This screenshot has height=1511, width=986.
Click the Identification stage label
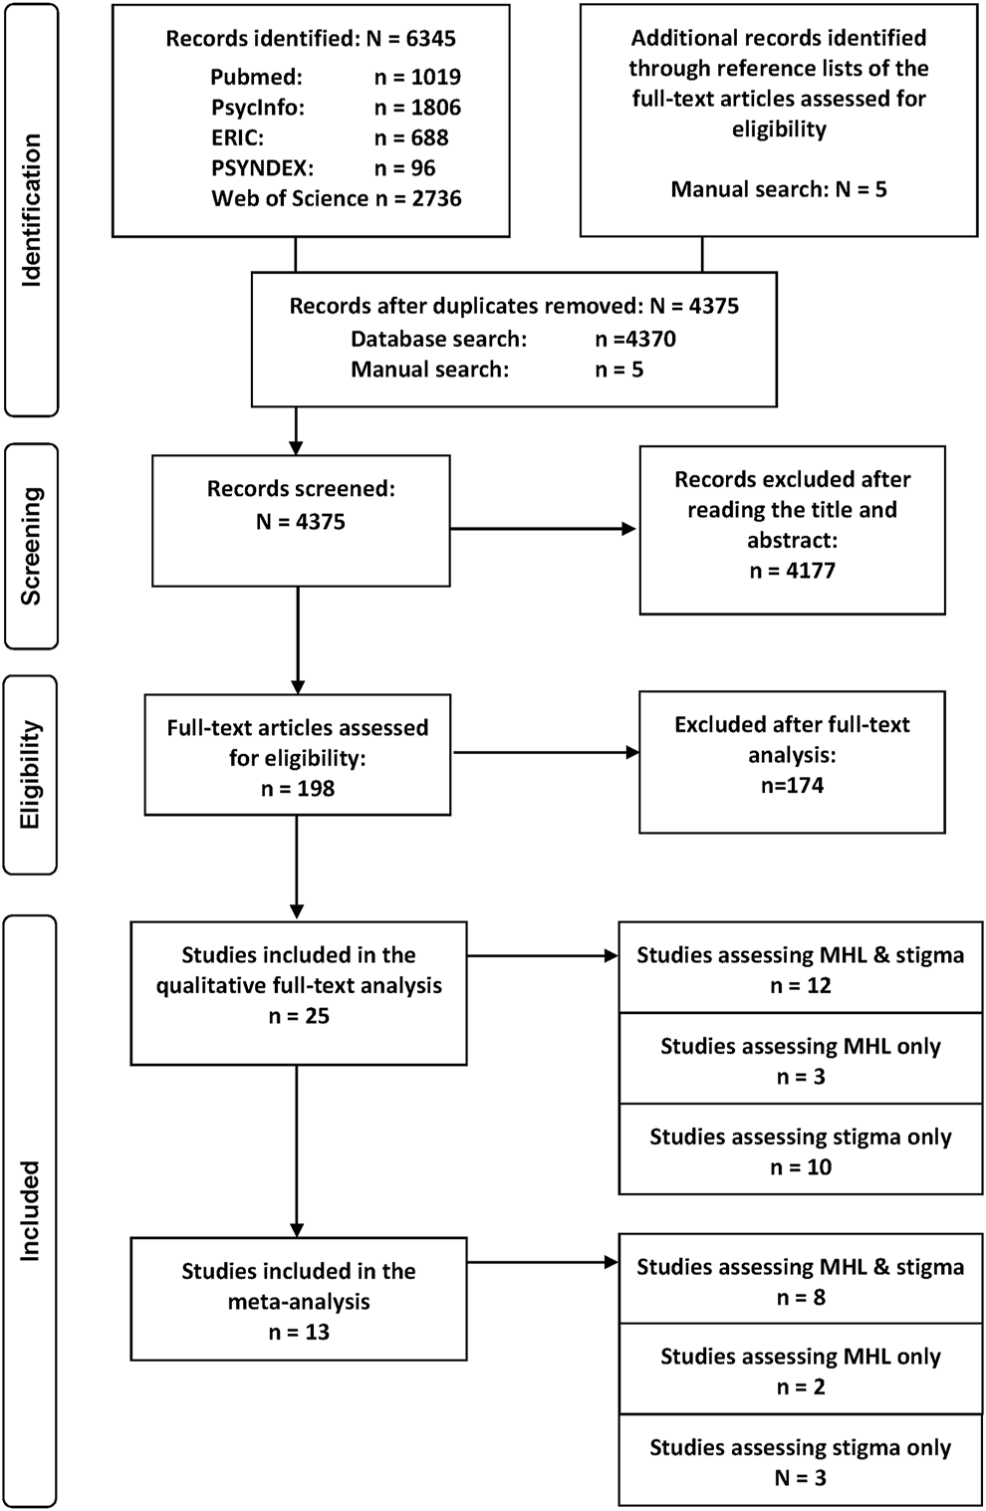(32, 210)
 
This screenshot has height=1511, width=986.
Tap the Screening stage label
(32, 546)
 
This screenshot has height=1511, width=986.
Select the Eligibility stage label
(31, 774)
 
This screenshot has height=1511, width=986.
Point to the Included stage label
(31, 1211)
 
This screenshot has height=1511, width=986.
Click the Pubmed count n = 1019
(417, 77)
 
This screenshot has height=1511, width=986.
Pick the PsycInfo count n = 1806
(417, 107)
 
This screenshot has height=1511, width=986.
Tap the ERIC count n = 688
(411, 136)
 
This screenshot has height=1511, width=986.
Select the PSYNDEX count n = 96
(404, 167)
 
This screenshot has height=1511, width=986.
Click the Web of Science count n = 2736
(418, 197)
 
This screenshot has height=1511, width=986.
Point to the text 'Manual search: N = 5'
(778, 189)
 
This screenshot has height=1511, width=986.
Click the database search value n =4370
(635, 338)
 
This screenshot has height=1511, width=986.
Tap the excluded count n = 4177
(793, 571)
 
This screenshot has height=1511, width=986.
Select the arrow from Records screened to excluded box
(543, 529)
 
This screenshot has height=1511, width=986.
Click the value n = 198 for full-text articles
(298, 788)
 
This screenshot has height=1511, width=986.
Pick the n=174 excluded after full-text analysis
(793, 785)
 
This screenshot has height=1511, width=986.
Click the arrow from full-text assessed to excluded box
(546, 752)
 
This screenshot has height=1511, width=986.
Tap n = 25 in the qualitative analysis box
(299, 1015)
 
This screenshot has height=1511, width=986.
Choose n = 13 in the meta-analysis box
(299, 1332)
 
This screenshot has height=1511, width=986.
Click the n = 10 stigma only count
(801, 1166)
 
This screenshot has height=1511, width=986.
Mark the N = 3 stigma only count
(801, 1477)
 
